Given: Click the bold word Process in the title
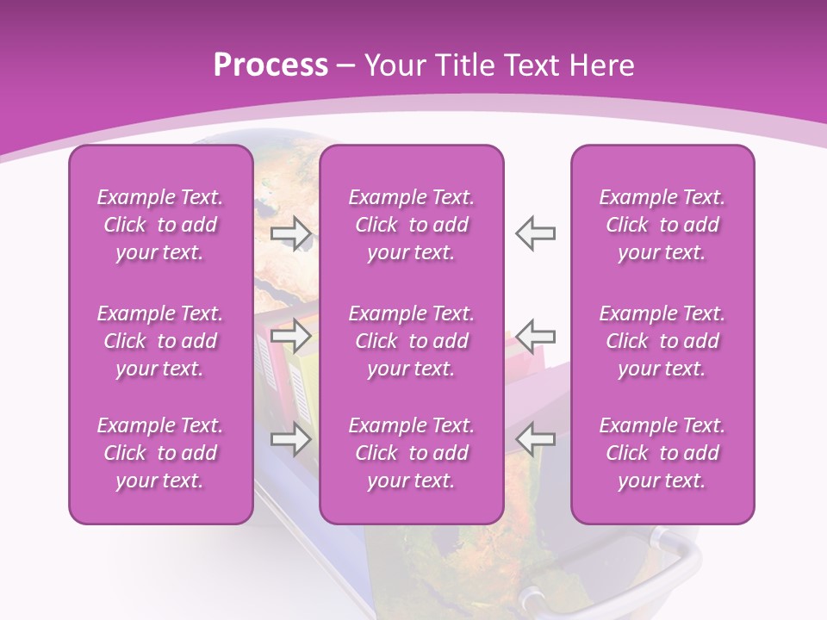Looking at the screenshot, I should [270, 65].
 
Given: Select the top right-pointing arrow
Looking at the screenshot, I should [290, 233].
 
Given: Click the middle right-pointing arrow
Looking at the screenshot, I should [290, 334].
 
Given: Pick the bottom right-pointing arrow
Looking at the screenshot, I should [290, 439].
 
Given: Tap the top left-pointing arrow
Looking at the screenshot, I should [536, 233].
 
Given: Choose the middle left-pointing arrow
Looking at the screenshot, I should [536, 334].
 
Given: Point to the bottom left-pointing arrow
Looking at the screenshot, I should [536, 439].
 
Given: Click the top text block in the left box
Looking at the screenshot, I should [160, 225].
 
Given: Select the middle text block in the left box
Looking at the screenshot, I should [160, 341].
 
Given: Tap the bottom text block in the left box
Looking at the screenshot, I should [160, 453].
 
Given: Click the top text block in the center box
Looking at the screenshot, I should [411, 225].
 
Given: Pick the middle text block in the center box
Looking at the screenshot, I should [411, 341].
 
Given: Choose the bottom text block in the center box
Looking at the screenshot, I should [411, 453].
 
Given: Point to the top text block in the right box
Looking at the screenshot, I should [662, 225].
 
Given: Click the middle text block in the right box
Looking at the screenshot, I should [662, 341].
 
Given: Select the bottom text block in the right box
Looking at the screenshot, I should [662, 453].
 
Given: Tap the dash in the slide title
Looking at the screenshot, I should [346, 66].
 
